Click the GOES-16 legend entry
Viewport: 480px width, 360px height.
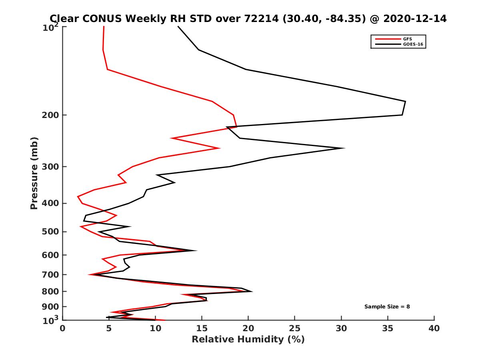(x=412, y=44)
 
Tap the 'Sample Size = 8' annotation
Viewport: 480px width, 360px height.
(x=387, y=307)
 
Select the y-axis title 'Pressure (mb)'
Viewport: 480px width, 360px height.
(x=34, y=173)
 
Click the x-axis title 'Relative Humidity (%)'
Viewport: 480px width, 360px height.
(x=248, y=340)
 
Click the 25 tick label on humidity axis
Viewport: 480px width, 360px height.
(x=295, y=328)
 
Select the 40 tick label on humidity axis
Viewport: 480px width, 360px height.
(x=434, y=328)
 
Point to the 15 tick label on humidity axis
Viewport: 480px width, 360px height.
(x=202, y=328)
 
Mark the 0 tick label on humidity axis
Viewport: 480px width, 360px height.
(x=63, y=328)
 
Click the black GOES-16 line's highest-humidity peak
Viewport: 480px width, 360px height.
(x=405, y=102)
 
